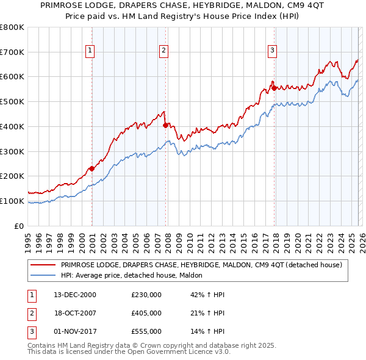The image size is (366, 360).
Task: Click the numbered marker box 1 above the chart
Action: (90, 51)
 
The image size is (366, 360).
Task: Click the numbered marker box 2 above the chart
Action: (164, 51)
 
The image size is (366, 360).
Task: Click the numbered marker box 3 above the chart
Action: (272, 51)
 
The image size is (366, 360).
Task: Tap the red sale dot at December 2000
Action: (91, 168)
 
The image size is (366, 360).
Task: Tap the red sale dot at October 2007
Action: (165, 125)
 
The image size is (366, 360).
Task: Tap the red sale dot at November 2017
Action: (274, 88)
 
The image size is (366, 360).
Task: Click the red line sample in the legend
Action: (43, 265)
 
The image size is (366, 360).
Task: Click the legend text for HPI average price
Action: (135, 275)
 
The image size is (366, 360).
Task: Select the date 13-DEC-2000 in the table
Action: (74, 295)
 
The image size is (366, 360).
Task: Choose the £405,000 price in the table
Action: (146, 313)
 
